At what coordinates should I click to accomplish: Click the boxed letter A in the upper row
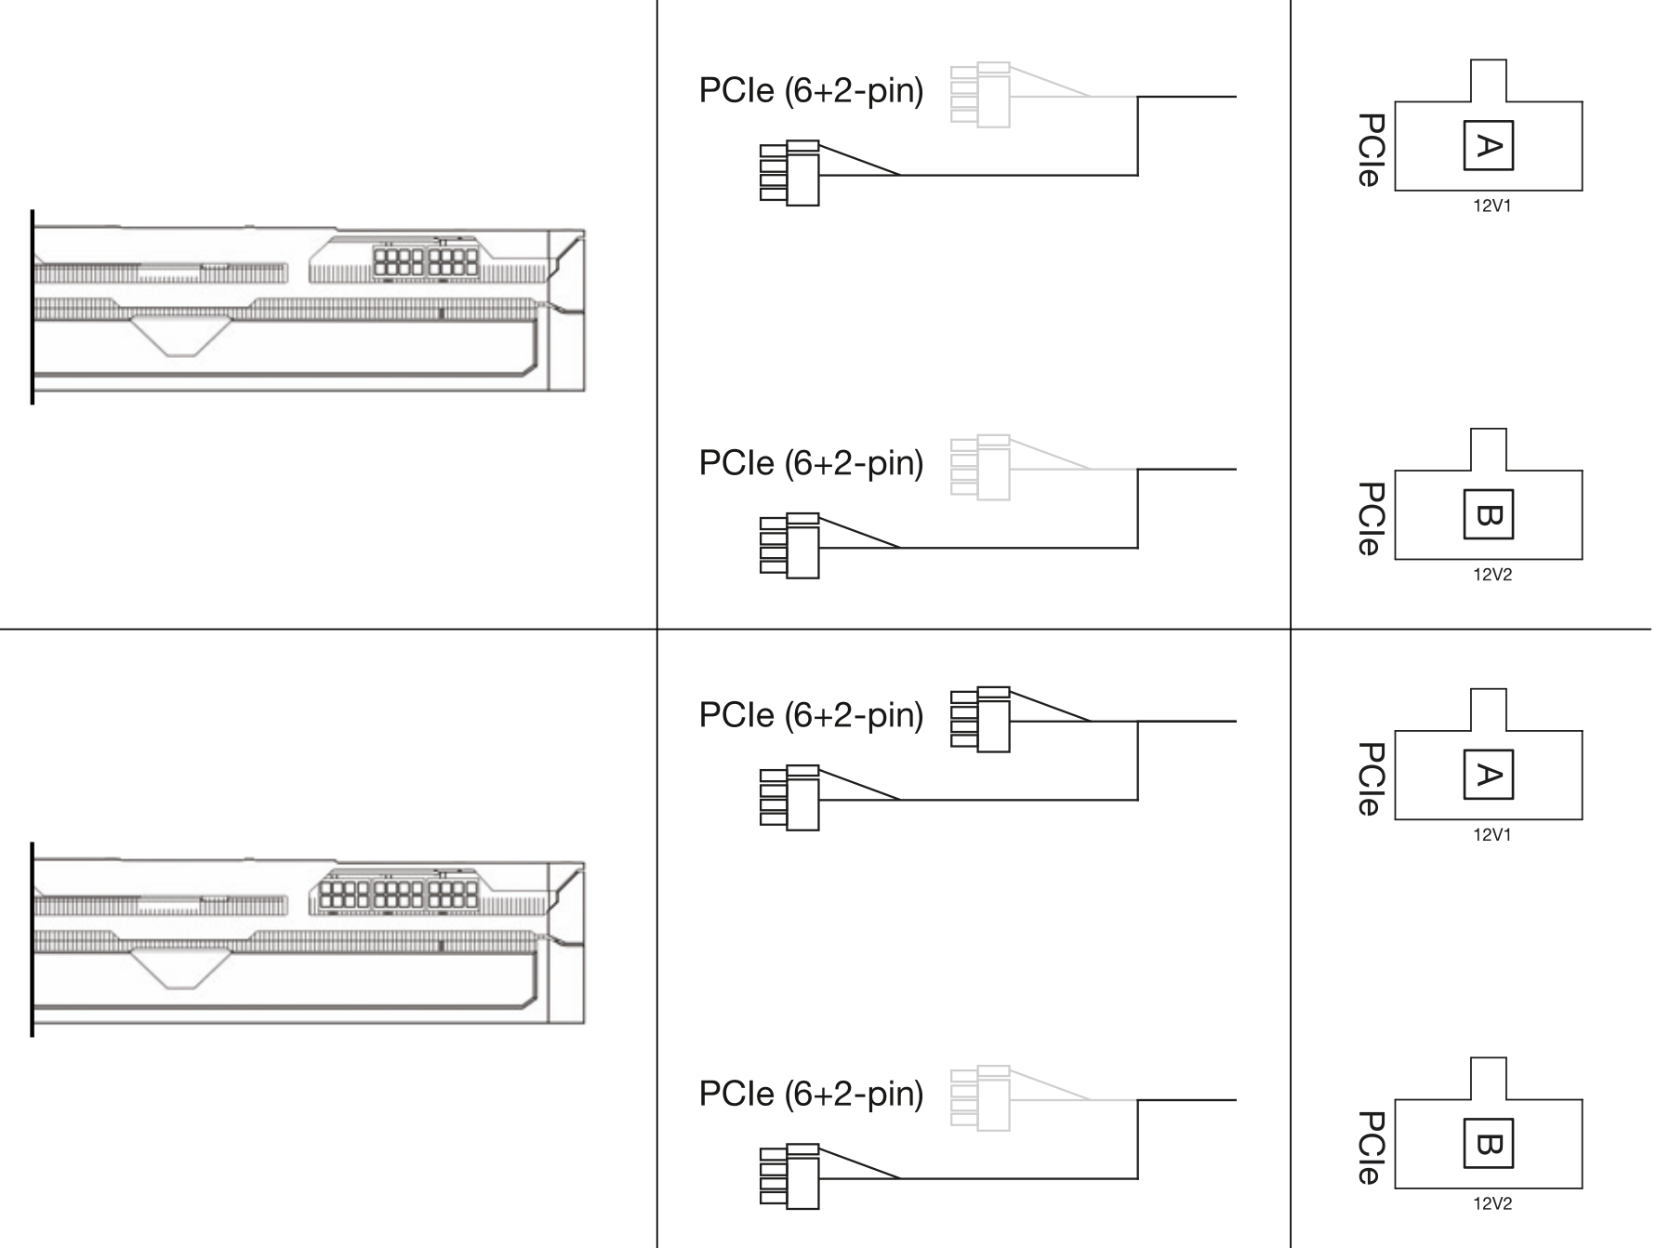[1488, 145]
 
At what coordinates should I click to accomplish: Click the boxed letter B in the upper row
[1488, 514]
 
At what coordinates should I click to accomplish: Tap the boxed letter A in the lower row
[1488, 774]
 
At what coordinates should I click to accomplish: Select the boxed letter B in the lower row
[1488, 1143]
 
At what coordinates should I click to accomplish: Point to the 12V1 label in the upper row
[1491, 206]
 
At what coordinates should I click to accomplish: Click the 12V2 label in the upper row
[1491, 575]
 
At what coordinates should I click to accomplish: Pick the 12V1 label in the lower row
[1491, 834]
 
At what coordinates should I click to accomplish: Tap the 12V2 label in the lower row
[1491, 1203]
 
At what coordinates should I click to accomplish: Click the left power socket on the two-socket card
[398, 261]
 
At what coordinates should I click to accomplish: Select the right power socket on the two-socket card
[453, 261]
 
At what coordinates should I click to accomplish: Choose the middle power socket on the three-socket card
[398, 895]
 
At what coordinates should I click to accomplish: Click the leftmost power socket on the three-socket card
[344, 895]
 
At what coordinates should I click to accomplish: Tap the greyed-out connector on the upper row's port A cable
[980, 94]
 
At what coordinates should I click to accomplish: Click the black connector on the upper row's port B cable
[789, 546]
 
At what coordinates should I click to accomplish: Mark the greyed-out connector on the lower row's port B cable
[980, 1098]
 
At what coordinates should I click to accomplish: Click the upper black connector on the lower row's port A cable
[980, 719]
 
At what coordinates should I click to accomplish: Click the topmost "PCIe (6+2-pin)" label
[811, 91]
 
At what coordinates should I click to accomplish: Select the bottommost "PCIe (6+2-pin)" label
[811, 1095]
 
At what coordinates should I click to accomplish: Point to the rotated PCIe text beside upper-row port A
[1371, 150]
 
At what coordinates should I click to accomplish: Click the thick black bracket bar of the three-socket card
[33, 939]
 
